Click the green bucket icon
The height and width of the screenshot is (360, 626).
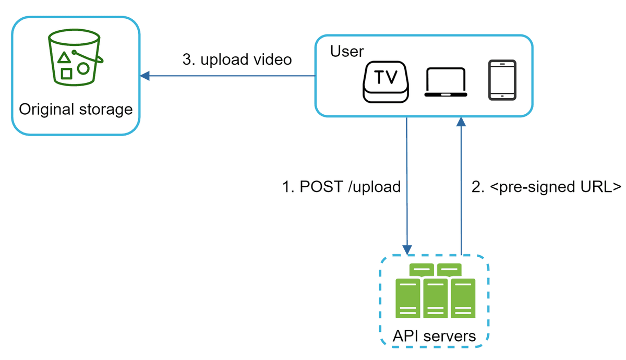(75, 57)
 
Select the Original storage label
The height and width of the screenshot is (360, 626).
(76, 110)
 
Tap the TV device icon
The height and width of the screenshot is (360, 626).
(386, 81)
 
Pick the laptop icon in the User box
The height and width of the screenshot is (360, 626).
(446, 82)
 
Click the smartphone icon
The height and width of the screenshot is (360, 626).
(502, 80)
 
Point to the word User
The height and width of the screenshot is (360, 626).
(347, 52)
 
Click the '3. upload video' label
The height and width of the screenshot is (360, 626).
(237, 59)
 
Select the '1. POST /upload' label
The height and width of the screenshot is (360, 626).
(342, 187)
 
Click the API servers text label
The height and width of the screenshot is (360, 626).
(434, 336)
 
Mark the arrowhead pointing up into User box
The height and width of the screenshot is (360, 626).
(461, 122)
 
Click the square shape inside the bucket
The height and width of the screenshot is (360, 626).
(66, 74)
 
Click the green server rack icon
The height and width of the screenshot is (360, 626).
(435, 292)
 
